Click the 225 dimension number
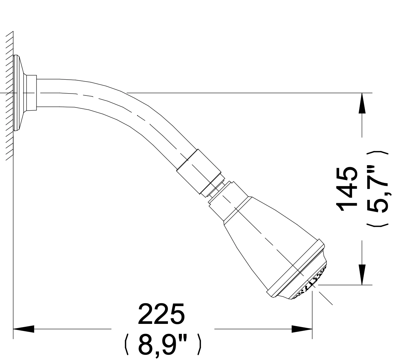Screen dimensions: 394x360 pyautogui.click(x=161, y=314)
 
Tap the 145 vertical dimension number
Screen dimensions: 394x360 pyautogui.click(x=347, y=189)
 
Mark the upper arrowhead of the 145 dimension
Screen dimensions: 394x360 pyautogui.click(x=362, y=103)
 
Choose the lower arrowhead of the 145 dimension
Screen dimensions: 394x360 pyautogui.click(x=362, y=275)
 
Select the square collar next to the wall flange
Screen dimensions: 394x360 pyautogui.click(x=32, y=93)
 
